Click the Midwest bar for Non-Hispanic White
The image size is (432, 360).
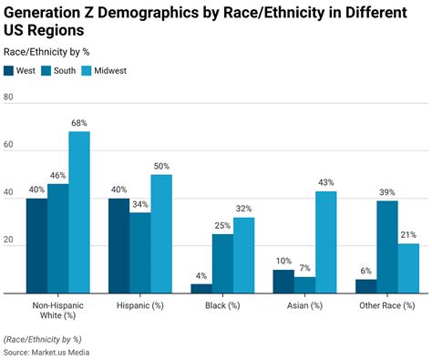79,212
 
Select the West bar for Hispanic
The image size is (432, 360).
118,246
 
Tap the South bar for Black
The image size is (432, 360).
222,263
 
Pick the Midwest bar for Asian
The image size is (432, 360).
326,242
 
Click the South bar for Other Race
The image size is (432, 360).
387,247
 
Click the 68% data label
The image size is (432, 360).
79,123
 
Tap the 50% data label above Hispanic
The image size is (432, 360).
161,166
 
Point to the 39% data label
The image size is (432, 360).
387,192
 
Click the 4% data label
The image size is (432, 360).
201,275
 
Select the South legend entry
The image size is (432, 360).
65,71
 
